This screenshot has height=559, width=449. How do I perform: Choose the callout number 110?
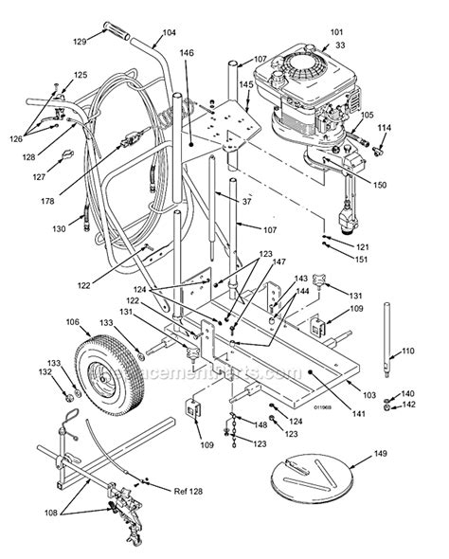click(408, 351)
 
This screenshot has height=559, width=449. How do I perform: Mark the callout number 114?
click(385, 127)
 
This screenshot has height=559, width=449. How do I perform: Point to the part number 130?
click(60, 228)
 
